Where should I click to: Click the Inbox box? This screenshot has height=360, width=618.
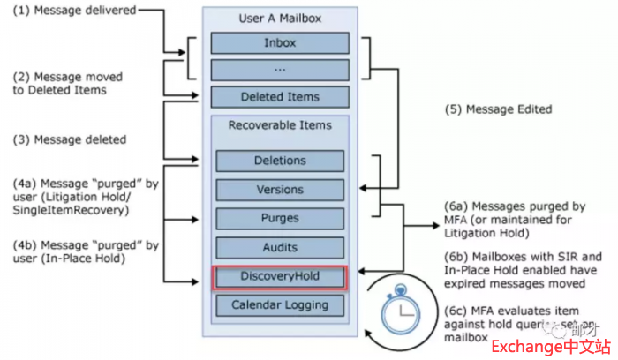pyautogui.click(x=280, y=41)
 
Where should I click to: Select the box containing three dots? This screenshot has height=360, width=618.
pyautogui.click(x=280, y=70)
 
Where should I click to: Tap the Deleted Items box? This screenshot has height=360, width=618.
pyautogui.click(x=280, y=97)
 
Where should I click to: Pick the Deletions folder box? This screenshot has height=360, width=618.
pyautogui.click(x=280, y=161)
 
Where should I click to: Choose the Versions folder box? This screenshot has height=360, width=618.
pyautogui.click(x=280, y=190)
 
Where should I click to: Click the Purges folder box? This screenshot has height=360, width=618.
pyautogui.click(x=280, y=218)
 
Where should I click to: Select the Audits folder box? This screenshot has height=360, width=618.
pyautogui.click(x=280, y=248)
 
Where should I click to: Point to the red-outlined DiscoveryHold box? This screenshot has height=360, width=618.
pyautogui.click(x=280, y=277)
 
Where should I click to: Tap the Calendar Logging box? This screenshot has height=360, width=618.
pyautogui.click(x=280, y=305)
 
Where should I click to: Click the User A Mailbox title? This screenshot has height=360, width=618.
pyautogui.click(x=280, y=19)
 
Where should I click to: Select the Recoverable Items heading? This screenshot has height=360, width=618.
pyautogui.click(x=280, y=125)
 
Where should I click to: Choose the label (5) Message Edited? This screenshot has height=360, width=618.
pyautogui.click(x=497, y=109)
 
